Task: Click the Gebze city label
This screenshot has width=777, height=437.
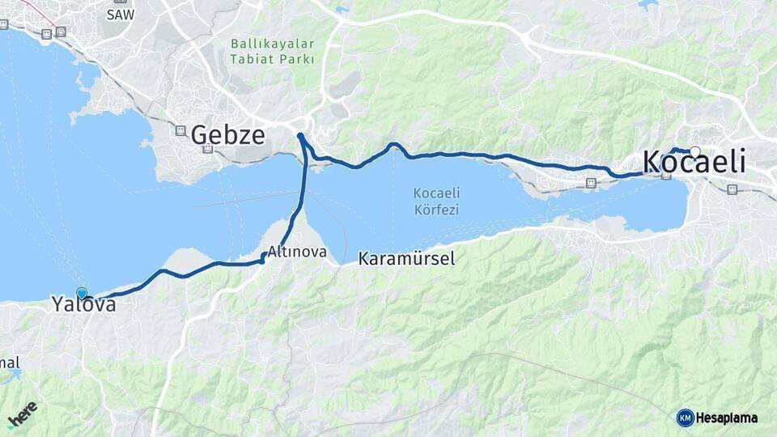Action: (x=228, y=134)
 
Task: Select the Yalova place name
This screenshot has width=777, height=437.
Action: (x=83, y=305)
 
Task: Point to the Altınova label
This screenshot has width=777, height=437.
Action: (x=297, y=252)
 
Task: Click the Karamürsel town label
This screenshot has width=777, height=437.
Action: (x=406, y=259)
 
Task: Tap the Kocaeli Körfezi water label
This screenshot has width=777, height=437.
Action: (x=436, y=201)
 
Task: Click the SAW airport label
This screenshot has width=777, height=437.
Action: (x=120, y=14)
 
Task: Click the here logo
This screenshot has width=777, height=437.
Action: (x=22, y=414)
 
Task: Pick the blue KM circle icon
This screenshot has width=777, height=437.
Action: (x=685, y=418)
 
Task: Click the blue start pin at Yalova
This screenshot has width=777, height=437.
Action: (x=82, y=293)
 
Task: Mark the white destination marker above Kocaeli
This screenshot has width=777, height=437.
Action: (x=695, y=151)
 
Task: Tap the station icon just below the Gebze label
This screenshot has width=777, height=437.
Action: (x=208, y=149)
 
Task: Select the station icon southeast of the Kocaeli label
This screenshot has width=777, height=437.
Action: (x=732, y=189)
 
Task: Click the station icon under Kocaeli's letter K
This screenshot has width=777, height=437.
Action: (x=666, y=176)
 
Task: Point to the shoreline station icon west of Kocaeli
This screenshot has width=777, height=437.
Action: (x=591, y=184)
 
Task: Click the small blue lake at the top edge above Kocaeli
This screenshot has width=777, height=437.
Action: (x=647, y=5)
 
